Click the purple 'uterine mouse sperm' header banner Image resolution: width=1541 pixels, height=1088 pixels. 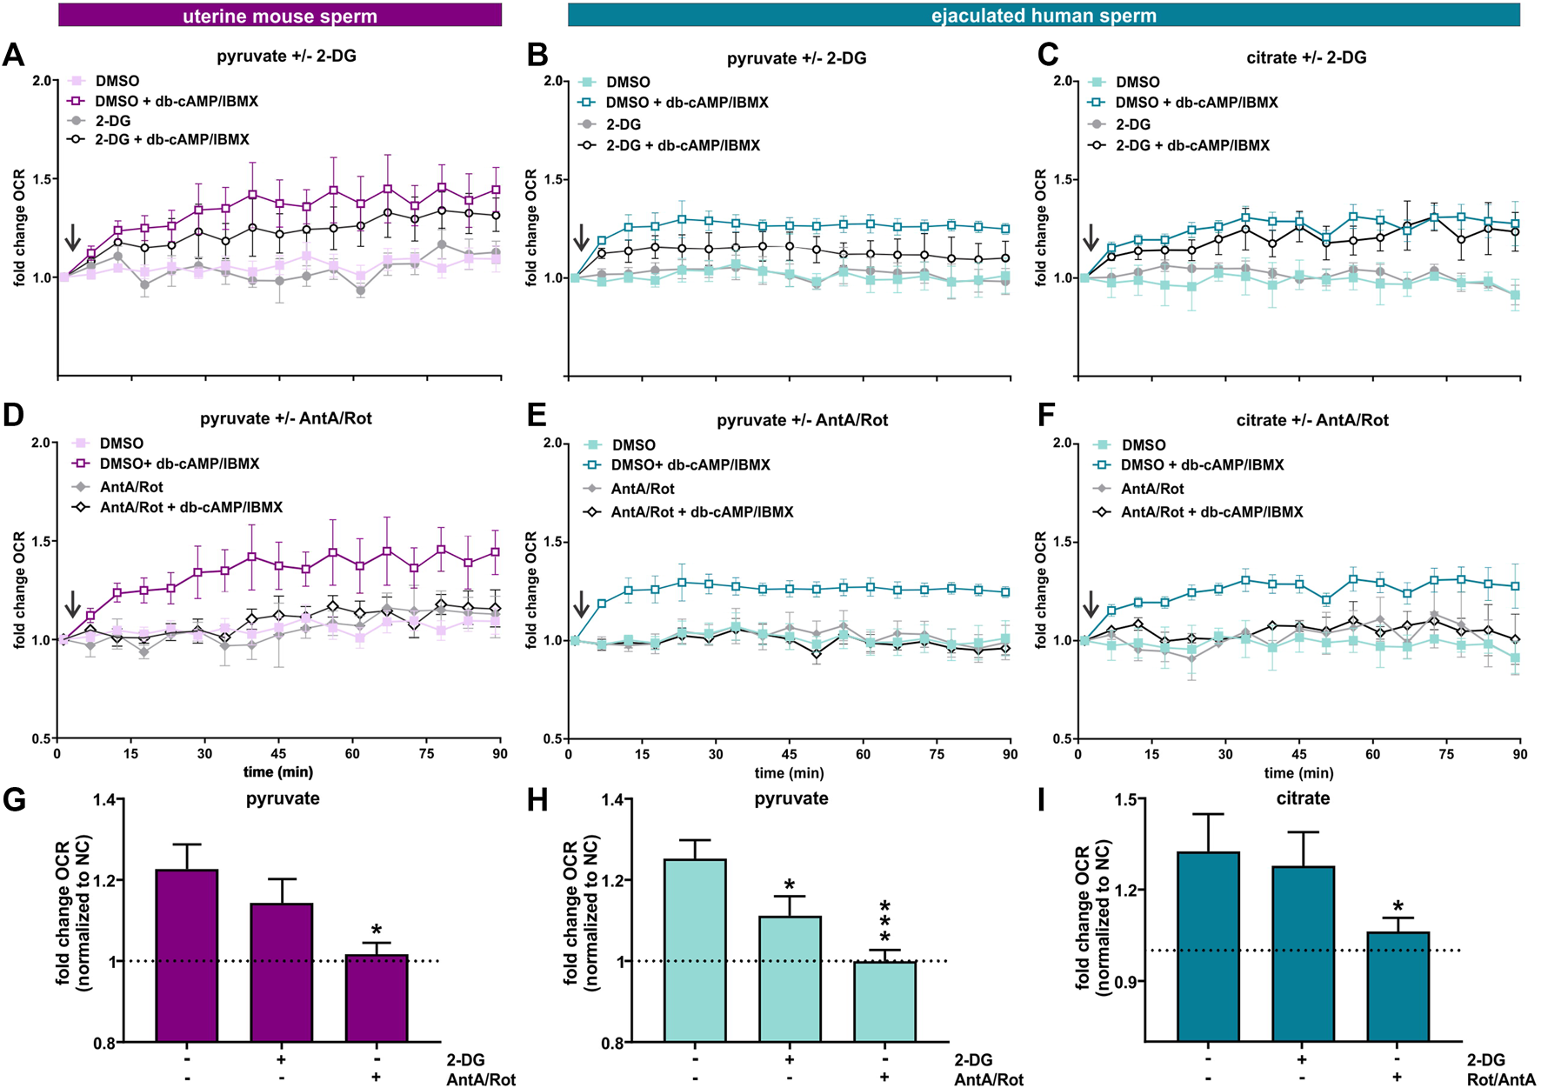(279, 15)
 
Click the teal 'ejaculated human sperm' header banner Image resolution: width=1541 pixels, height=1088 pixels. (1044, 15)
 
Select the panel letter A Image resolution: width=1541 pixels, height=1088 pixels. (14, 56)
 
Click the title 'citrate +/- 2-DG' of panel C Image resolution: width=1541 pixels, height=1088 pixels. (1305, 57)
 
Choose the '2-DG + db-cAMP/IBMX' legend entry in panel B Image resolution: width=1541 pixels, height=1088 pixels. (683, 145)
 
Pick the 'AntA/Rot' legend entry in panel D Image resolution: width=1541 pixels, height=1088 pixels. (131, 487)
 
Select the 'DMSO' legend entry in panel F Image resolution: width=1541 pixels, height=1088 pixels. (1143, 444)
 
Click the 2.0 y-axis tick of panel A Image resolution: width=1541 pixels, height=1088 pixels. (43, 81)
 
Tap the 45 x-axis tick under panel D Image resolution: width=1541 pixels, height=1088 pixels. (278, 754)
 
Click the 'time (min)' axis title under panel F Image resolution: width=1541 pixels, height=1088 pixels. (1298, 772)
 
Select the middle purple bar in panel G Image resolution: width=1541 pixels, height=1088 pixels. (282, 972)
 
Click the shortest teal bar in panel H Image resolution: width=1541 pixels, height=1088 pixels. (884, 1001)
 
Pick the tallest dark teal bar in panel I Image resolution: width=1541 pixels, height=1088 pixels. (1208, 946)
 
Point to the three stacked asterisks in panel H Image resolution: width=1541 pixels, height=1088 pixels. (884, 922)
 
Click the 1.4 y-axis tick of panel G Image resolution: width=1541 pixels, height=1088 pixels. (103, 799)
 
